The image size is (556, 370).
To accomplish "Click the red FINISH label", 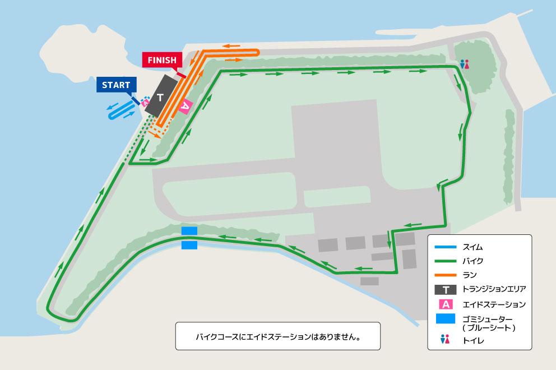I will [x=162, y=60].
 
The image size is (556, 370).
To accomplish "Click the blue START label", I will [x=116, y=85].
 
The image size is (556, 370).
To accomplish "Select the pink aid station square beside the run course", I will [x=186, y=105].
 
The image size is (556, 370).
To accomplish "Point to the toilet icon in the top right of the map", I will [x=464, y=64].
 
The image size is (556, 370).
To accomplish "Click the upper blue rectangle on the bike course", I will [x=189, y=231].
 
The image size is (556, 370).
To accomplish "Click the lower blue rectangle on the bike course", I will [x=189, y=245].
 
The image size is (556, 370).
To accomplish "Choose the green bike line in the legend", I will [x=446, y=261].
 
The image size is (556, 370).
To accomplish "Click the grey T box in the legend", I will [x=446, y=290].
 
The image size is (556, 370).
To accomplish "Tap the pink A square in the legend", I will [x=446, y=304].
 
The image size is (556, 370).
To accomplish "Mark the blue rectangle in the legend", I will [x=446, y=320].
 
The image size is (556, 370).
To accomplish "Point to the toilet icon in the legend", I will [x=446, y=340].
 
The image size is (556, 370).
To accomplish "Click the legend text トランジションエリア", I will [x=494, y=290].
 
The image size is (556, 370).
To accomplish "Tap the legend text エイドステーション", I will [x=494, y=304].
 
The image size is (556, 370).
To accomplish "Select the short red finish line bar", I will [x=181, y=75].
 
